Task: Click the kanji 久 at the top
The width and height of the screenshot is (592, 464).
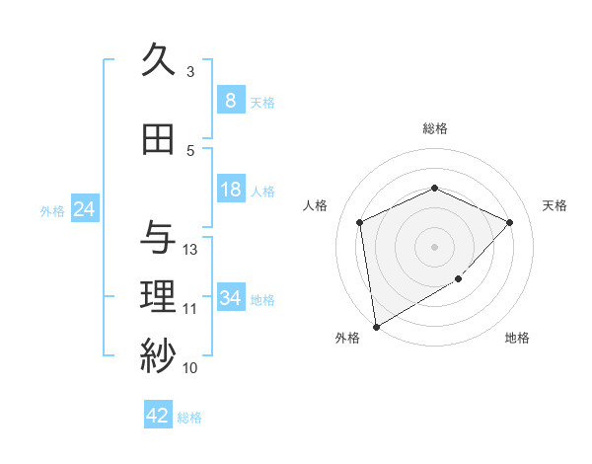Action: point(158,61)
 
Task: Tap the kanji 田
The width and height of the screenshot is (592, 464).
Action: point(158,140)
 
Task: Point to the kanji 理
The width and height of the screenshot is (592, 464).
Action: point(158,296)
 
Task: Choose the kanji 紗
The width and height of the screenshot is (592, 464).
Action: point(158,355)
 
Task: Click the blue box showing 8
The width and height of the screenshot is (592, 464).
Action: point(230,101)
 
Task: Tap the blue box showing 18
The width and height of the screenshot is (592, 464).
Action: point(230,190)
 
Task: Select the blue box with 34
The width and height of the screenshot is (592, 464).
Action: point(230,298)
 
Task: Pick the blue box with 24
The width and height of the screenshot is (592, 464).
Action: point(84,209)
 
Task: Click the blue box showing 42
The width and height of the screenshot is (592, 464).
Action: point(158,416)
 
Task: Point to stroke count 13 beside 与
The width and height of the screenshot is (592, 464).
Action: point(190,250)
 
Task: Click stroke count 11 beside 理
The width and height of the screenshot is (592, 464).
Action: point(190,309)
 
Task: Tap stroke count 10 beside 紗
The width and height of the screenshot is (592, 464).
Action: point(190,368)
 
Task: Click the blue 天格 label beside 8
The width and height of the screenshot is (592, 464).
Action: point(262,102)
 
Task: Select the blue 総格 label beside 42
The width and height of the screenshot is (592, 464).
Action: point(189,418)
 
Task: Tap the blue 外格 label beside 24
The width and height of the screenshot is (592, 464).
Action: point(51,210)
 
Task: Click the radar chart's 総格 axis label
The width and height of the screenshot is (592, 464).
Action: point(434,128)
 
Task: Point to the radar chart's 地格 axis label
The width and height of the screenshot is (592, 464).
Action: point(517,338)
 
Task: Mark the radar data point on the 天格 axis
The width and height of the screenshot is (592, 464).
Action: point(509,222)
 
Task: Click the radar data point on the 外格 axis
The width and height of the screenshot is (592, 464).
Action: point(376,326)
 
